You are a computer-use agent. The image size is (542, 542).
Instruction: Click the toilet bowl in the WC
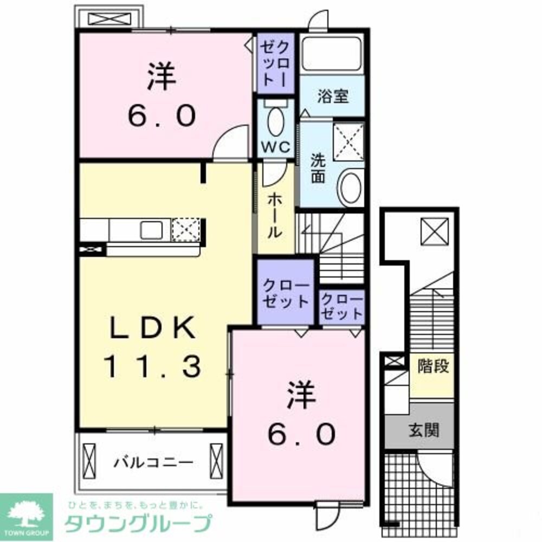click(276, 121)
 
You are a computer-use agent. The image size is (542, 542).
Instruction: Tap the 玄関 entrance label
click(423, 431)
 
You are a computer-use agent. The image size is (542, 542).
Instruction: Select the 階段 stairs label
click(433, 366)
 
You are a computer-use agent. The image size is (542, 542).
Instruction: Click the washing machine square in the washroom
click(349, 142)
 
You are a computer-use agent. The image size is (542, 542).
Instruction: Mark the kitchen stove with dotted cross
click(186, 230)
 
